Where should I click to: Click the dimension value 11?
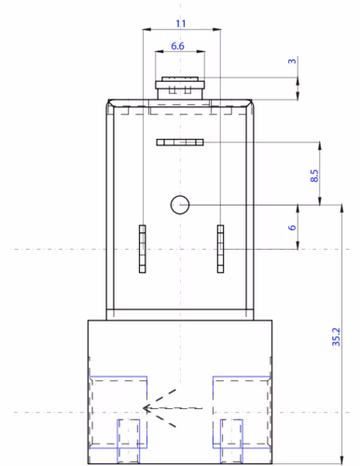coord(181,23)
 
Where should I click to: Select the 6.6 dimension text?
coord(177,46)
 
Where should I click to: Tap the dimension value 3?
coord(292,62)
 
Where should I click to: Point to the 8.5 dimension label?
coord(314,175)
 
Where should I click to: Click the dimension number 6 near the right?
coord(292,227)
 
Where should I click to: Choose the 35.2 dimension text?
coord(336,336)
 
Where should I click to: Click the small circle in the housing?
coord(180,205)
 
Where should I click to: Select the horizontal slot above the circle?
coord(180,143)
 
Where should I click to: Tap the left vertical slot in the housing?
coord(143,249)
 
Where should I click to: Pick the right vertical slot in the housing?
coord(220,249)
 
